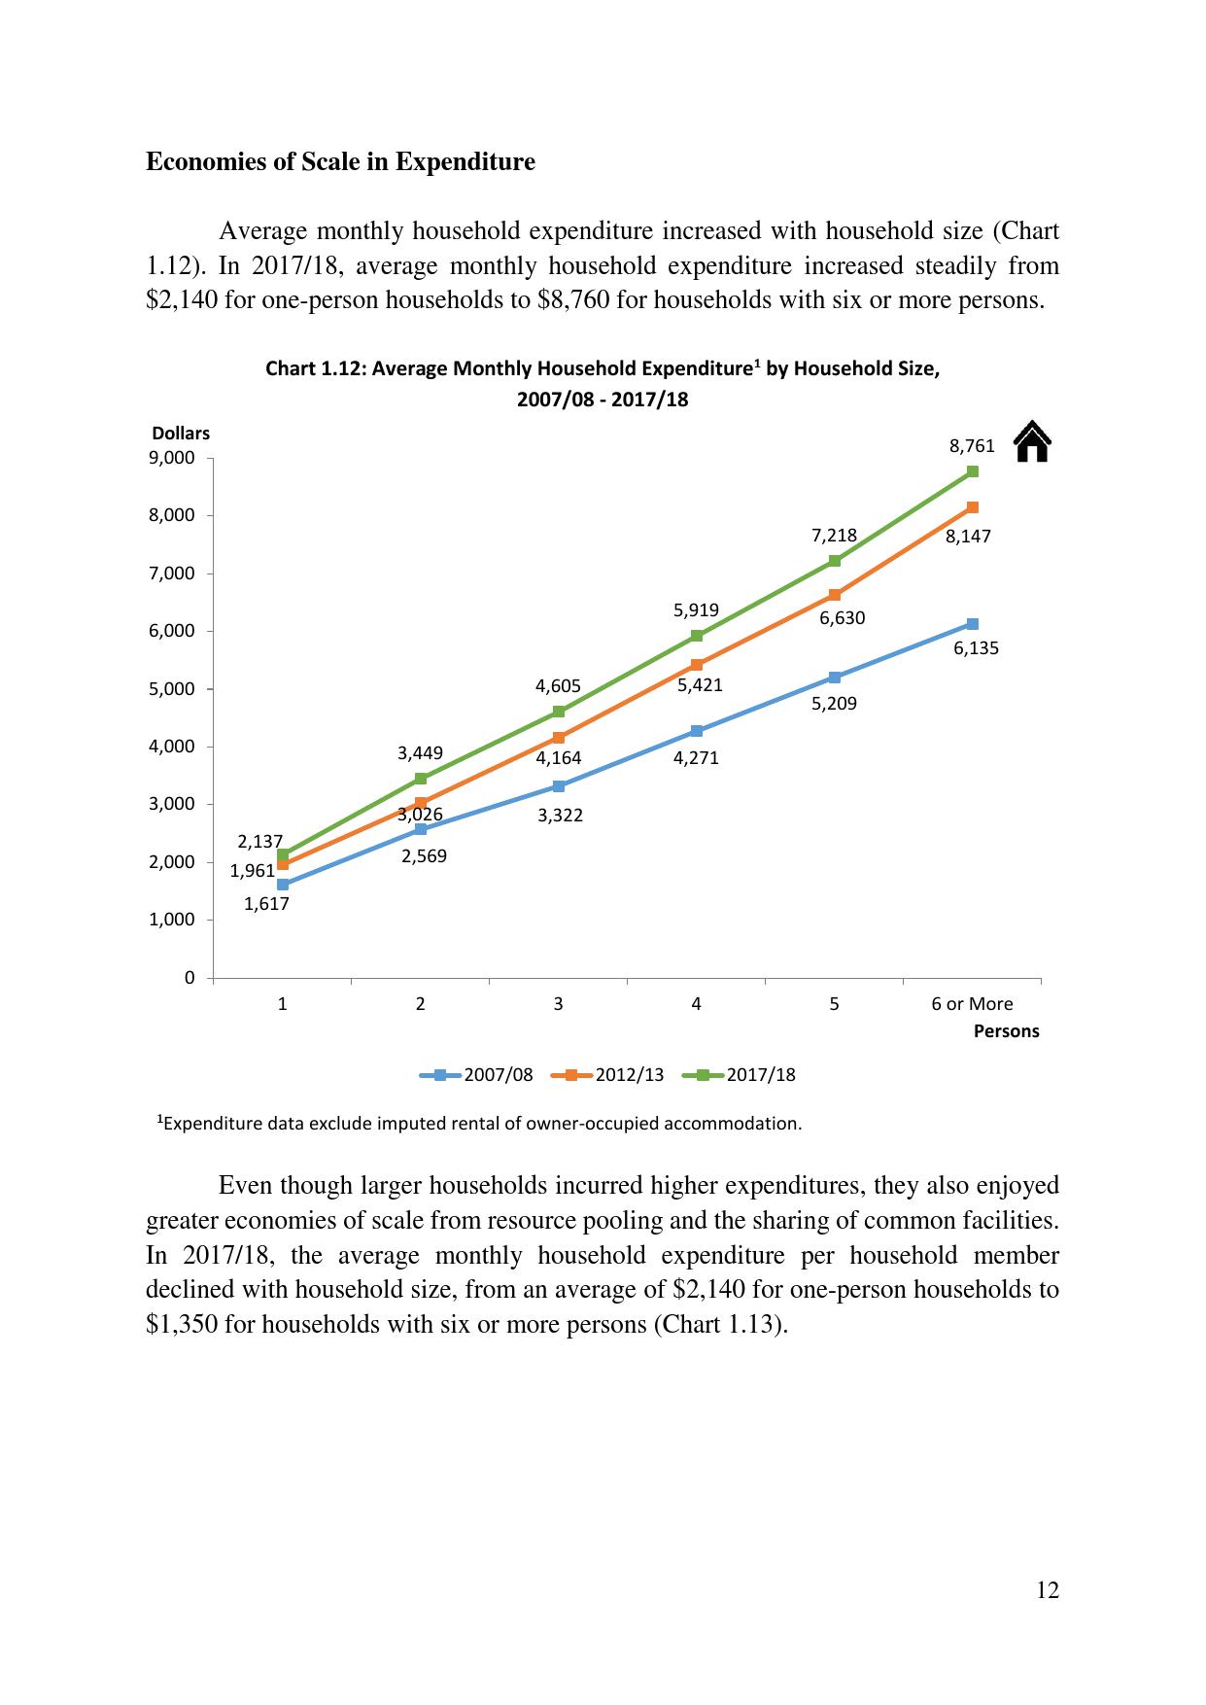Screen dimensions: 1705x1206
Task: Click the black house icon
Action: (x=1032, y=441)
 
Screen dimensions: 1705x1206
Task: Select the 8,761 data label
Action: (x=972, y=446)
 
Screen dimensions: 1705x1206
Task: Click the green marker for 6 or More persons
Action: (x=973, y=471)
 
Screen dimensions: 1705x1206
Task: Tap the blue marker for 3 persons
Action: (x=559, y=785)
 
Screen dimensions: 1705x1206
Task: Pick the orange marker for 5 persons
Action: (x=835, y=595)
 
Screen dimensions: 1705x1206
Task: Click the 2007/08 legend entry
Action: (x=477, y=1074)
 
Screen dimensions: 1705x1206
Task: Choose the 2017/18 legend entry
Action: (x=740, y=1074)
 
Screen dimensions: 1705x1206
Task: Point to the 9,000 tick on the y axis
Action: (x=171, y=458)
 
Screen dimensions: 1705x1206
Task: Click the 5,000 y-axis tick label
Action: (x=171, y=689)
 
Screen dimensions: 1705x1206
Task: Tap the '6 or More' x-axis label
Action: (x=972, y=1004)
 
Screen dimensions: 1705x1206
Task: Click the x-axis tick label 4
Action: (x=697, y=1004)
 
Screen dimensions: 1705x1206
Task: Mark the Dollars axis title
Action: (x=181, y=434)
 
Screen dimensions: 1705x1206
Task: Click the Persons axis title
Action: (x=1006, y=1031)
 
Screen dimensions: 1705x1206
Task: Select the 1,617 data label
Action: (x=266, y=904)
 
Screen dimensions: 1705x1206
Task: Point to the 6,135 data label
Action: (x=976, y=648)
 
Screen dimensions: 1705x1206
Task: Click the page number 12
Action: (x=1048, y=1590)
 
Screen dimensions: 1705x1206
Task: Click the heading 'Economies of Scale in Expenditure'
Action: (x=340, y=161)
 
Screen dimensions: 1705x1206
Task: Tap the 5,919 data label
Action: (x=696, y=610)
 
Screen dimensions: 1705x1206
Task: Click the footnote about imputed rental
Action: (x=480, y=1124)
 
